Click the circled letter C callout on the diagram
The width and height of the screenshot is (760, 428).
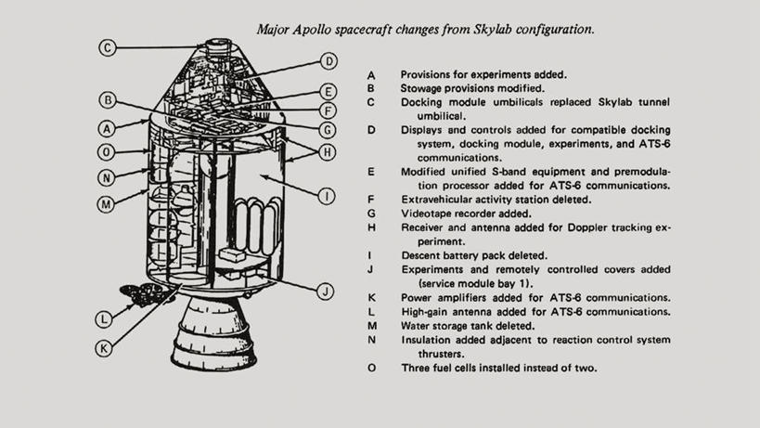(108, 47)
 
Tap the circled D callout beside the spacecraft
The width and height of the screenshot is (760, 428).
(328, 61)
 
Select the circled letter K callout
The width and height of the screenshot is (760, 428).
(104, 348)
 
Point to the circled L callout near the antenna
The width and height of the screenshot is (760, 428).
(104, 319)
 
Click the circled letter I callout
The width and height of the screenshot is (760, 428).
(327, 196)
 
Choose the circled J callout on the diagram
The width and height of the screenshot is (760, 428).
(325, 292)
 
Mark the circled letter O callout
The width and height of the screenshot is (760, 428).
(106, 152)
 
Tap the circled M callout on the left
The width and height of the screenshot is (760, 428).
(106, 204)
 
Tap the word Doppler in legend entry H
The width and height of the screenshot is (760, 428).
(587, 227)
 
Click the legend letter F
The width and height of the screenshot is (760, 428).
(371, 200)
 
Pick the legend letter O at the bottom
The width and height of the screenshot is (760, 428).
(372, 368)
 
